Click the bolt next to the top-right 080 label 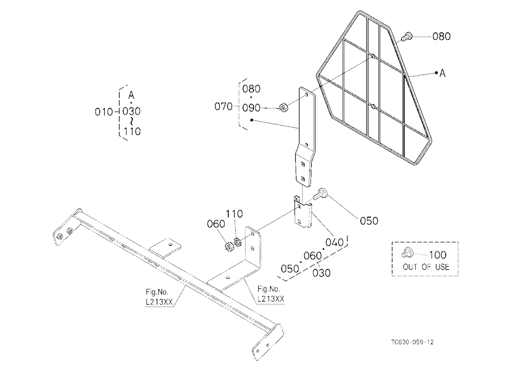point(406,36)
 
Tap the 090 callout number point(251,108)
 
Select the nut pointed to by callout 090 point(283,107)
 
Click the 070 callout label point(223,106)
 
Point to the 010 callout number point(104,112)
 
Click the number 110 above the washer point(235,214)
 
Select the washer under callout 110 point(237,242)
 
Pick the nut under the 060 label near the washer point(229,247)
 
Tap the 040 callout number point(334,242)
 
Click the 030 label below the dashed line point(321,273)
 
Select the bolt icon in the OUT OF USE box point(407,252)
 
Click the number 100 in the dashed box point(437,254)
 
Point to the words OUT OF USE point(426,267)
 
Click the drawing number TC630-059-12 point(412,342)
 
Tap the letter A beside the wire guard point(442,74)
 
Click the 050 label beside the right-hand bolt point(369,221)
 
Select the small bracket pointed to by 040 point(303,212)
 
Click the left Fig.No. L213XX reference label point(159,297)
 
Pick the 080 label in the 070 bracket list point(251,89)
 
